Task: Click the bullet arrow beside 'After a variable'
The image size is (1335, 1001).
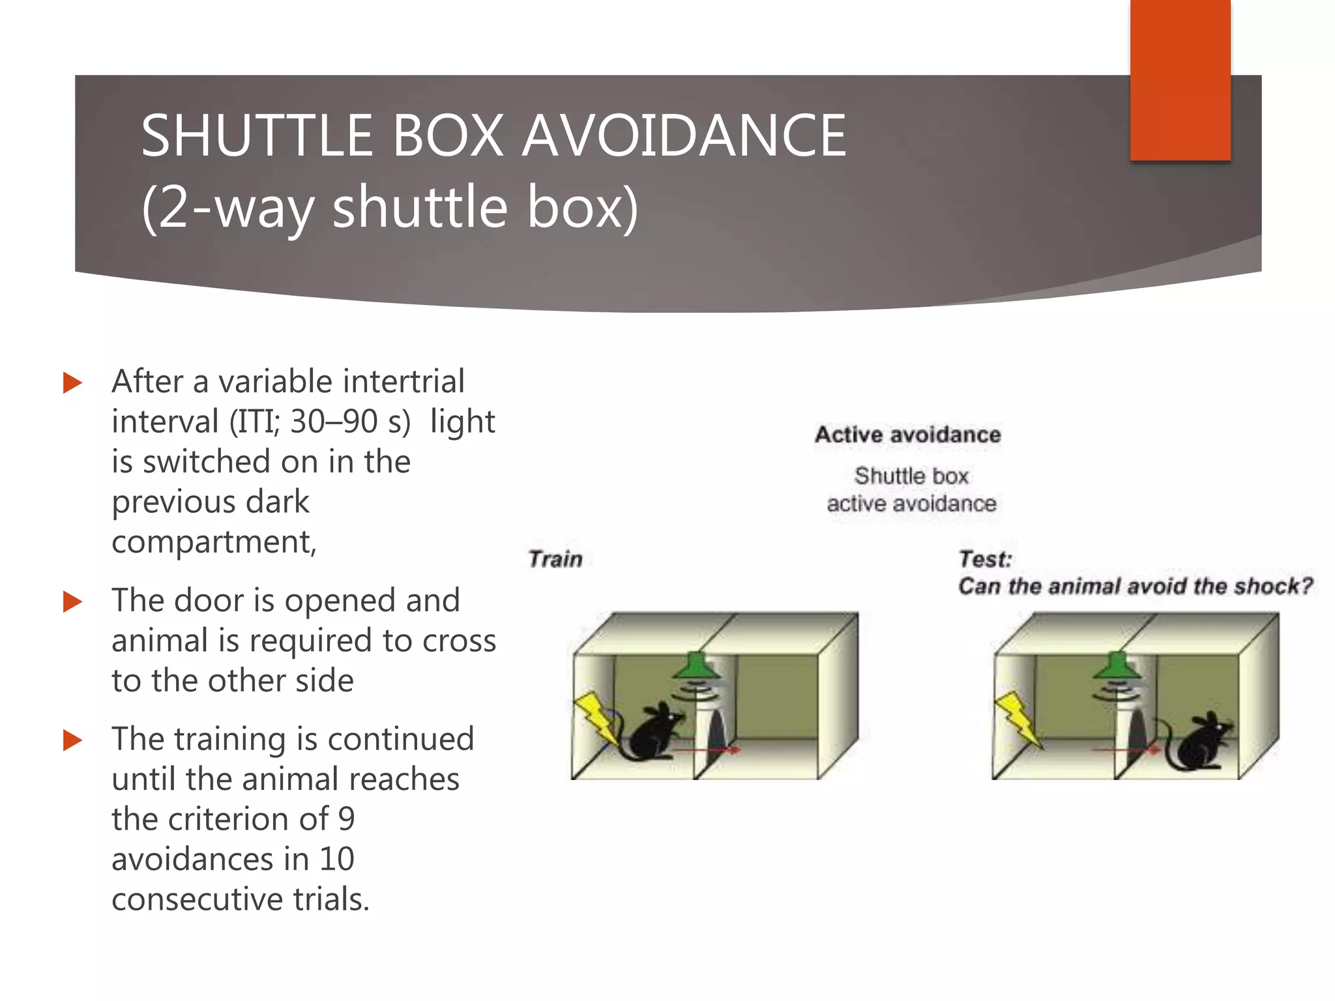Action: (72, 383)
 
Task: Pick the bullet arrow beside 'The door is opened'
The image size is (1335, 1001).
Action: (72, 602)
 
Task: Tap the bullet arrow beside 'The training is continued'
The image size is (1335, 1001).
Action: (72, 740)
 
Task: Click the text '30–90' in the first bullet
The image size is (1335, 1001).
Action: (333, 422)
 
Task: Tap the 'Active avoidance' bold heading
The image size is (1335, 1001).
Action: (907, 435)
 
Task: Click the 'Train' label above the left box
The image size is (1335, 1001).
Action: (555, 559)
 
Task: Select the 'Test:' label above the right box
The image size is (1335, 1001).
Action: (985, 559)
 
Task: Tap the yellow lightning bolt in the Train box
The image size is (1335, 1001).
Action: (595, 717)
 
